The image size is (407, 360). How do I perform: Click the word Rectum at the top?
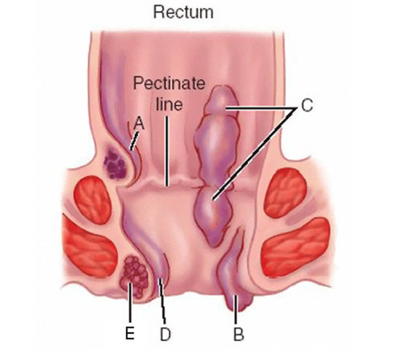pyautogui.click(x=183, y=12)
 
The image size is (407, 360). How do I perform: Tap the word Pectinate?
pyautogui.click(x=169, y=83)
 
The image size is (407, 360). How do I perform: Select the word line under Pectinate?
pyautogui.click(x=169, y=104)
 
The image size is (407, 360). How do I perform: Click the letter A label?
pyautogui.click(x=139, y=123)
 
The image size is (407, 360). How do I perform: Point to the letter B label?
pyautogui.click(x=239, y=334)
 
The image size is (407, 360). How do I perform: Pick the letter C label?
pyautogui.click(x=307, y=106)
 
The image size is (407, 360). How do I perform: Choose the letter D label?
pyautogui.click(x=166, y=334)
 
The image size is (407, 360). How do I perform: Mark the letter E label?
pyautogui.click(x=130, y=333)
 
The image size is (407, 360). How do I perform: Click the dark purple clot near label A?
pyautogui.click(x=115, y=164)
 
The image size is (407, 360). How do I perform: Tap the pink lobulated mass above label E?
pyautogui.click(x=134, y=277)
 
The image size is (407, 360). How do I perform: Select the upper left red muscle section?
pyautogui.click(x=93, y=199)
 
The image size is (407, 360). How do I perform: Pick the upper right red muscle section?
pyautogui.click(x=285, y=192)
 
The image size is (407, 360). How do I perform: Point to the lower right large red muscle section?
pyautogui.click(x=295, y=248)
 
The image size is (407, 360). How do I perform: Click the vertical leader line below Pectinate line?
pyautogui.click(x=166, y=150)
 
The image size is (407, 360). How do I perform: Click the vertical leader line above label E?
pyautogui.click(x=131, y=303)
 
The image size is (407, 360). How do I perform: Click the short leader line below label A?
pyautogui.click(x=134, y=141)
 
